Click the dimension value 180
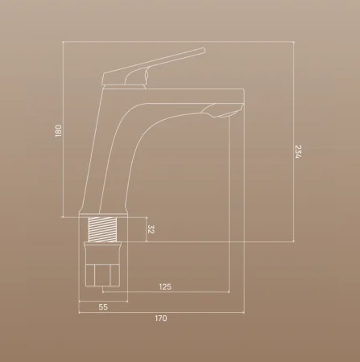click(58, 131)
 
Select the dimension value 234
click(299, 151)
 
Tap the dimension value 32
click(151, 229)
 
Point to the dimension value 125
click(165, 287)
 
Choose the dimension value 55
click(103, 307)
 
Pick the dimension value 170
click(161, 319)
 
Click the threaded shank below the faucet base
click(102, 229)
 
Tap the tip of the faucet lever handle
click(204, 50)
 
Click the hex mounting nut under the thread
click(102, 275)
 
